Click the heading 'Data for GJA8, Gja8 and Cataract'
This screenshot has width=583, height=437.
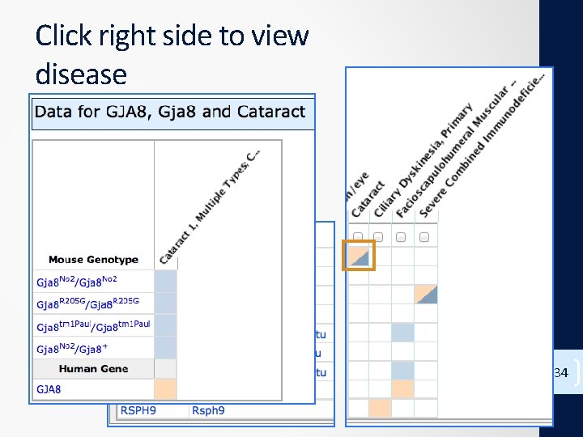171,112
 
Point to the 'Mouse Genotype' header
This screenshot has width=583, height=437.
93,260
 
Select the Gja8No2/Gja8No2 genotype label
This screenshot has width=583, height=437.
77,281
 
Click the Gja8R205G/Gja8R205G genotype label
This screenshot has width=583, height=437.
87,303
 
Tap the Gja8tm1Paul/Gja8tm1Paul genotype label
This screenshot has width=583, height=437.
93,326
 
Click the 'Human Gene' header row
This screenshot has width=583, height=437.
93,369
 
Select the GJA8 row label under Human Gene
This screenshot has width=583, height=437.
48,389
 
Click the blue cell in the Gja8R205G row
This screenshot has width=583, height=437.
165,303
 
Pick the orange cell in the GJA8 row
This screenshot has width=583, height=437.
165,389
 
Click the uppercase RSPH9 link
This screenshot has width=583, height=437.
138,410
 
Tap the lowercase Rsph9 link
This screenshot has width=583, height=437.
208,410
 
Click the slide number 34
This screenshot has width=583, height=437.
560,373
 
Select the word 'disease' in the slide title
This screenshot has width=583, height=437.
81,74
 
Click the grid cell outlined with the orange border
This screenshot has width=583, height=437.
358,256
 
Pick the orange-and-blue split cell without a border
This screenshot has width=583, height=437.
426,295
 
